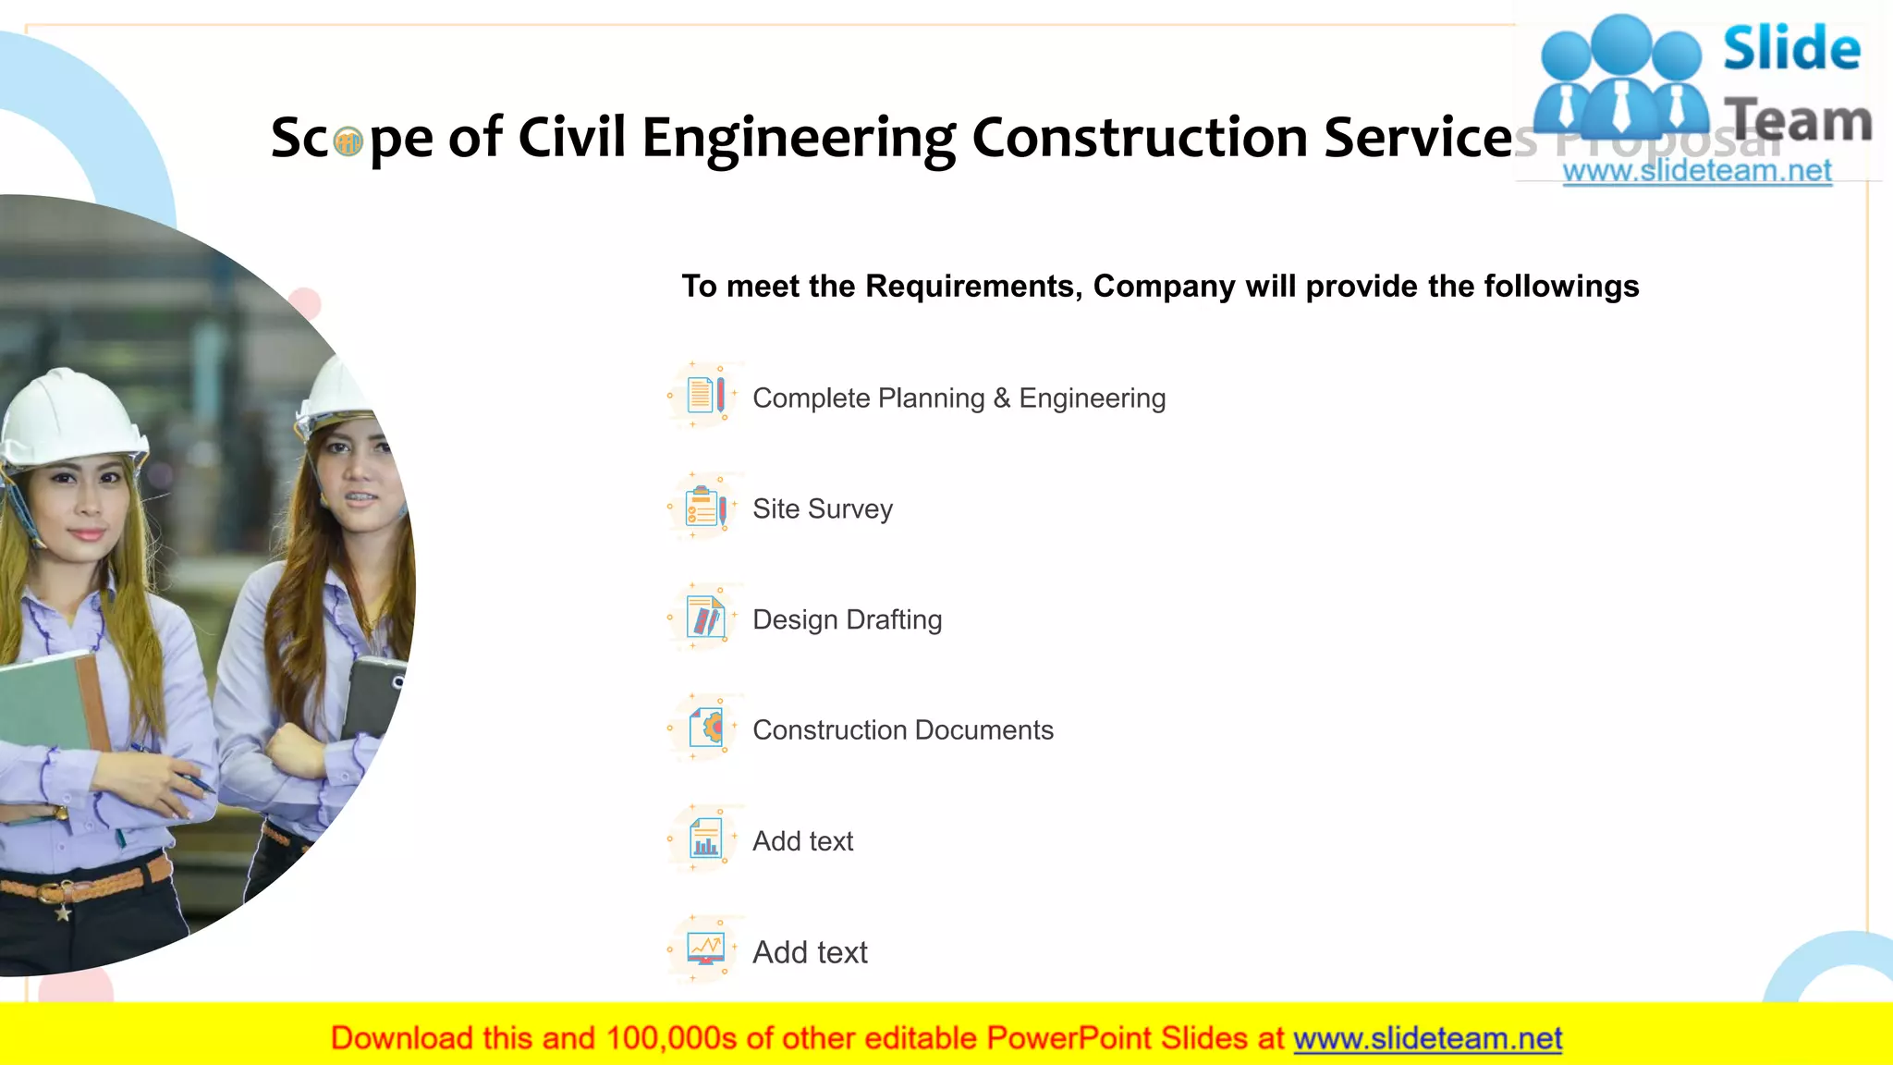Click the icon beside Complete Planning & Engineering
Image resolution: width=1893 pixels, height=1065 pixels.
[705, 396]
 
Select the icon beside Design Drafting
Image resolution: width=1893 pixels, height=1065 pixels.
[705, 618]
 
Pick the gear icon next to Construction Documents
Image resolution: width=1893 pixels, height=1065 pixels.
[707, 728]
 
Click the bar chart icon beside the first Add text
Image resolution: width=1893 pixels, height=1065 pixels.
[705, 839]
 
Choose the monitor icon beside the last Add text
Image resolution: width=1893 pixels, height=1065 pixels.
[705, 949]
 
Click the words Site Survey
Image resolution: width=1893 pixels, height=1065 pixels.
[822, 509]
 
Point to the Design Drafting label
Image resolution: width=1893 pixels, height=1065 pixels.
[847, 619]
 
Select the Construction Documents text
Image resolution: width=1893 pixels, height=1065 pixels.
[902, 730]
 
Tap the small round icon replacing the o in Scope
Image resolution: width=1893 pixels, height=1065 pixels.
[348, 142]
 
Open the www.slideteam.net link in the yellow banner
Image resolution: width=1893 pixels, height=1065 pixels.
[1427, 1038]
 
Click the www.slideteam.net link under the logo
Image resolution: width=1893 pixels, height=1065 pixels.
[1696, 171]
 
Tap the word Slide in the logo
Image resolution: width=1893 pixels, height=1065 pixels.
[1790, 49]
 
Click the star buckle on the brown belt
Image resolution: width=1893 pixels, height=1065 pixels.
[63, 913]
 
